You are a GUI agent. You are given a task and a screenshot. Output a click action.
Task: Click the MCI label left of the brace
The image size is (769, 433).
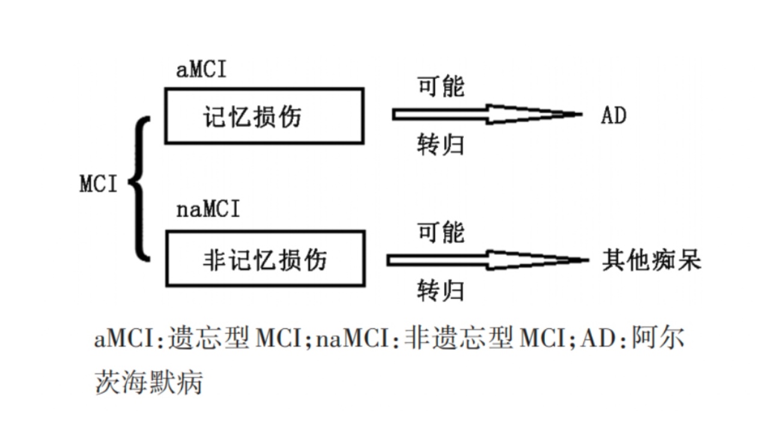(x=99, y=183)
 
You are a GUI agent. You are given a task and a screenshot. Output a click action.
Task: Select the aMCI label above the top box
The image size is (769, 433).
(x=201, y=70)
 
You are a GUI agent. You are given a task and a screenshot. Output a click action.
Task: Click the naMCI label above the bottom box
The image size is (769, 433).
(x=208, y=210)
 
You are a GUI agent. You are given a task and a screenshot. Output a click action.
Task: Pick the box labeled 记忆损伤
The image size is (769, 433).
(x=264, y=116)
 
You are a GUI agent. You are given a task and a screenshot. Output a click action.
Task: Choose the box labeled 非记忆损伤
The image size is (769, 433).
(x=265, y=258)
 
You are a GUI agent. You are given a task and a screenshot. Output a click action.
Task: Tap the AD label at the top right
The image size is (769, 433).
(x=613, y=115)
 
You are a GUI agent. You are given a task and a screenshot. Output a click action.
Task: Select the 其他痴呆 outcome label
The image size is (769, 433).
(x=651, y=260)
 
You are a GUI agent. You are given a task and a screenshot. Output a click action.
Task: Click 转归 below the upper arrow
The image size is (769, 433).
(x=441, y=145)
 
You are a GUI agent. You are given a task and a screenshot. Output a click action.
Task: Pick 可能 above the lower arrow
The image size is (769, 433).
(x=441, y=232)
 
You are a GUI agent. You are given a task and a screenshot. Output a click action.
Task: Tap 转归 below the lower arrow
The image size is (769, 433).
(x=441, y=290)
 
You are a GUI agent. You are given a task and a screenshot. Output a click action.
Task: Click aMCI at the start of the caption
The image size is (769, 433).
(x=124, y=339)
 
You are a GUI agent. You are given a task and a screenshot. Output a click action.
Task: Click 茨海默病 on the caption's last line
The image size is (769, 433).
(x=148, y=381)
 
